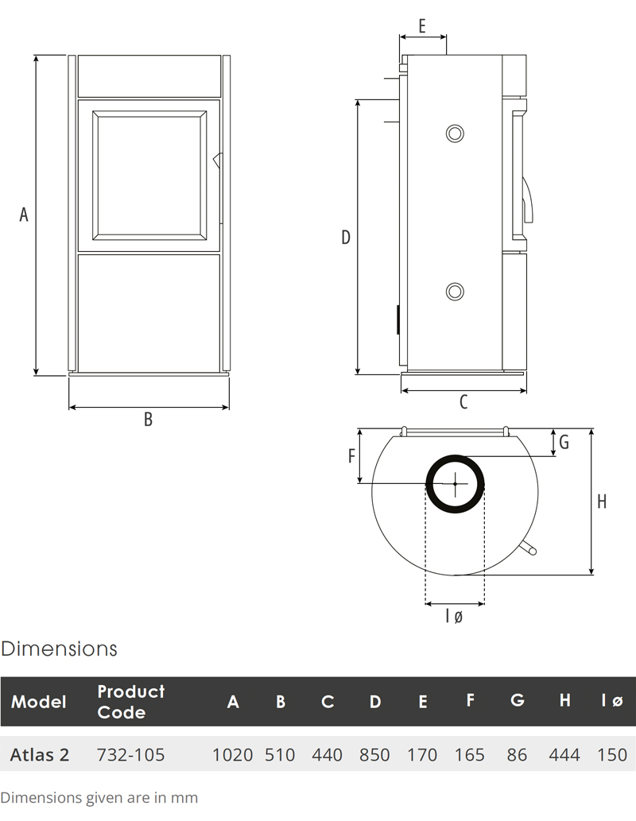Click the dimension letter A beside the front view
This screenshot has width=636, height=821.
click(x=24, y=215)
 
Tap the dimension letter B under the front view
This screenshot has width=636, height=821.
click(x=148, y=420)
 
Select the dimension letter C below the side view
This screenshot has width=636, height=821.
click(x=463, y=403)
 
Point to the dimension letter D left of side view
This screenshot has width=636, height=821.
click(x=346, y=237)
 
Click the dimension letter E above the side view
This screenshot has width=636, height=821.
click(x=422, y=25)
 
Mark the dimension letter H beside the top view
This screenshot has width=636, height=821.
click(x=602, y=502)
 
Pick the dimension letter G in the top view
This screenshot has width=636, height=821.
click(x=564, y=443)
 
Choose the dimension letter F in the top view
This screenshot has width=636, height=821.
click(x=351, y=455)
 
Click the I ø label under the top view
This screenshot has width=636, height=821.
click(x=454, y=616)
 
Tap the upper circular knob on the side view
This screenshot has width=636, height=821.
click(x=455, y=133)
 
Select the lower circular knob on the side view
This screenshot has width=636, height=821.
click(x=455, y=291)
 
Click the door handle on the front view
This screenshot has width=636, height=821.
click(x=217, y=160)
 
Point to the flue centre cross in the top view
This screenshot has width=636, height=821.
click(x=455, y=483)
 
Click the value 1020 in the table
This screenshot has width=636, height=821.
click(x=232, y=754)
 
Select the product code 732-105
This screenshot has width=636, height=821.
click(x=130, y=754)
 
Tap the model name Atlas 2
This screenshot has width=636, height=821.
click(x=40, y=754)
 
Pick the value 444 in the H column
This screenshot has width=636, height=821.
click(x=564, y=754)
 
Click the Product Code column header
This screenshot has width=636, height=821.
click(x=130, y=701)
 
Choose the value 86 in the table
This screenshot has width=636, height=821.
click(x=517, y=754)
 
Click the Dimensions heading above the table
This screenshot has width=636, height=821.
click(x=59, y=649)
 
